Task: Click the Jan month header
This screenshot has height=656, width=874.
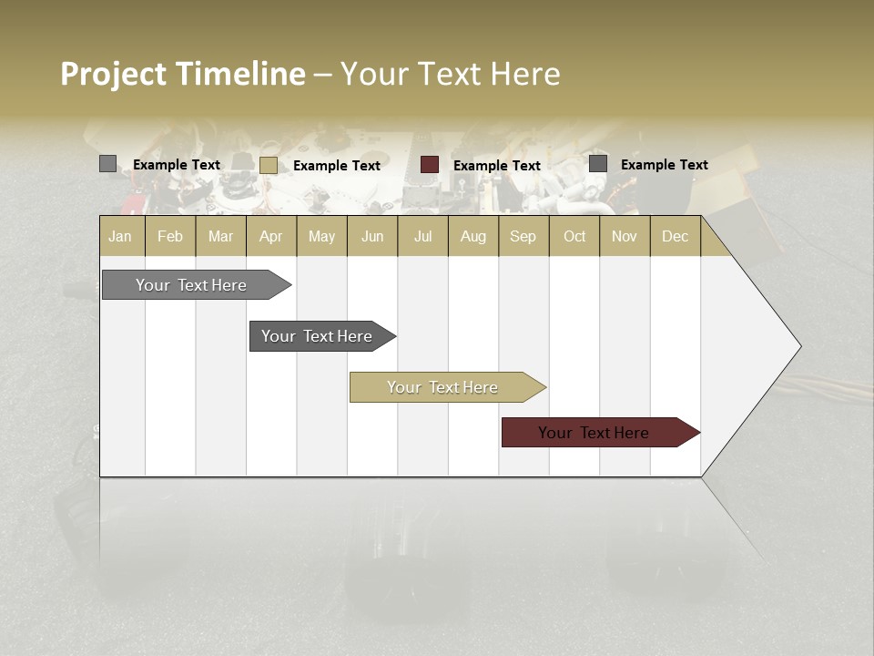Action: pyautogui.click(x=121, y=236)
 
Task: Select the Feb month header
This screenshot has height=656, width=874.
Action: pyautogui.click(x=170, y=236)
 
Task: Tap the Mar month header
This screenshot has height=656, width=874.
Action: pyautogui.click(x=220, y=236)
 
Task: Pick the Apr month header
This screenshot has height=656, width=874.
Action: pyautogui.click(x=271, y=236)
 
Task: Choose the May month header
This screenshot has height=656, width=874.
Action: pyautogui.click(x=321, y=236)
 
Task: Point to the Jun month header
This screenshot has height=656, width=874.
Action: pyautogui.click(x=372, y=236)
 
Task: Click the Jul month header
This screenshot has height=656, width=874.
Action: pyautogui.click(x=422, y=236)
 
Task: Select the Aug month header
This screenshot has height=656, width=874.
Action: pyautogui.click(x=473, y=236)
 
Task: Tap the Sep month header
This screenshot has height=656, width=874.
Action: pyautogui.click(x=523, y=236)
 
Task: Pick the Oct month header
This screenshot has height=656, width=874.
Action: pyautogui.click(x=574, y=236)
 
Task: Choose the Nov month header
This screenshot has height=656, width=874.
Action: pyautogui.click(x=625, y=236)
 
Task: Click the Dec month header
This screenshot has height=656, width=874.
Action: pyautogui.click(x=675, y=236)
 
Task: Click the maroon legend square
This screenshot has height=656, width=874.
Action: pyautogui.click(x=430, y=165)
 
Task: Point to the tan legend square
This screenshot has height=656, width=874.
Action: pyautogui.click(x=269, y=165)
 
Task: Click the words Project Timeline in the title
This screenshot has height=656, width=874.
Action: pyautogui.click(x=183, y=74)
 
